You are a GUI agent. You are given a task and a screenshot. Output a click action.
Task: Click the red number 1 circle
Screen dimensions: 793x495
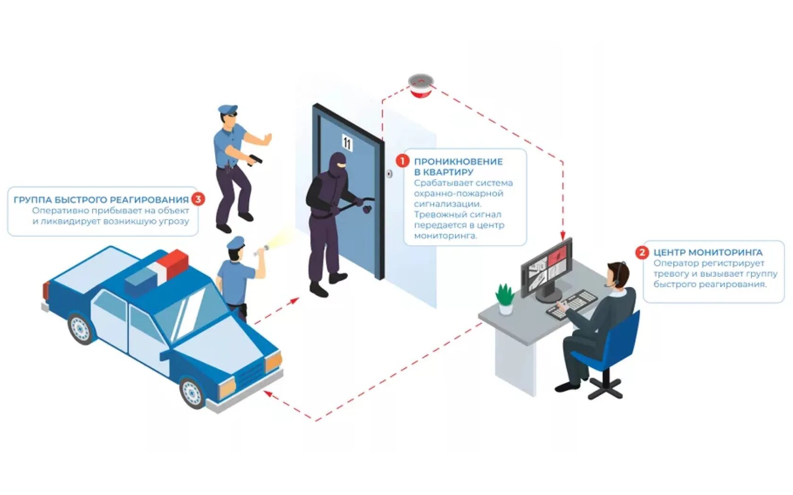point(402,161)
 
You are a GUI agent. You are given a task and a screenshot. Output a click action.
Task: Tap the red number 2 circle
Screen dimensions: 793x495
point(641,252)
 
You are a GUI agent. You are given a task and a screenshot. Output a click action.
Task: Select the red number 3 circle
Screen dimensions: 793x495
point(198,199)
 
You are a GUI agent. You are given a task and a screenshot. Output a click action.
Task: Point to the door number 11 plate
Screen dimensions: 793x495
point(347,142)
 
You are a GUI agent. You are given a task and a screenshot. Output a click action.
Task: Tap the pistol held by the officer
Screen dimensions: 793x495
point(255,159)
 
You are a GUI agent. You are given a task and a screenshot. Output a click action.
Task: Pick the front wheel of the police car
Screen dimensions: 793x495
point(193,392)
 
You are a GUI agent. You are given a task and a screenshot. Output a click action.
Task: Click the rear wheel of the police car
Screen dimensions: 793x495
point(81,328)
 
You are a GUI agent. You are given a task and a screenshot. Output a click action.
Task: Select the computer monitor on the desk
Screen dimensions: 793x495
point(547,269)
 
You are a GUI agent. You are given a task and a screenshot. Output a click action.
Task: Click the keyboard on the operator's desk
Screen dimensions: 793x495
point(572,304)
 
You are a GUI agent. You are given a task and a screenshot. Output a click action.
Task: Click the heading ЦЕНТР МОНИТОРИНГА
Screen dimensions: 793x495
point(708,252)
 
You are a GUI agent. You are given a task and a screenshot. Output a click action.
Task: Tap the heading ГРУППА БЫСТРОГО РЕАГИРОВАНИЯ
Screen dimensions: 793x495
point(101,199)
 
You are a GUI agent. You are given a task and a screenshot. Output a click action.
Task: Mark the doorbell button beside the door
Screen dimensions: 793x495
point(389,174)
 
